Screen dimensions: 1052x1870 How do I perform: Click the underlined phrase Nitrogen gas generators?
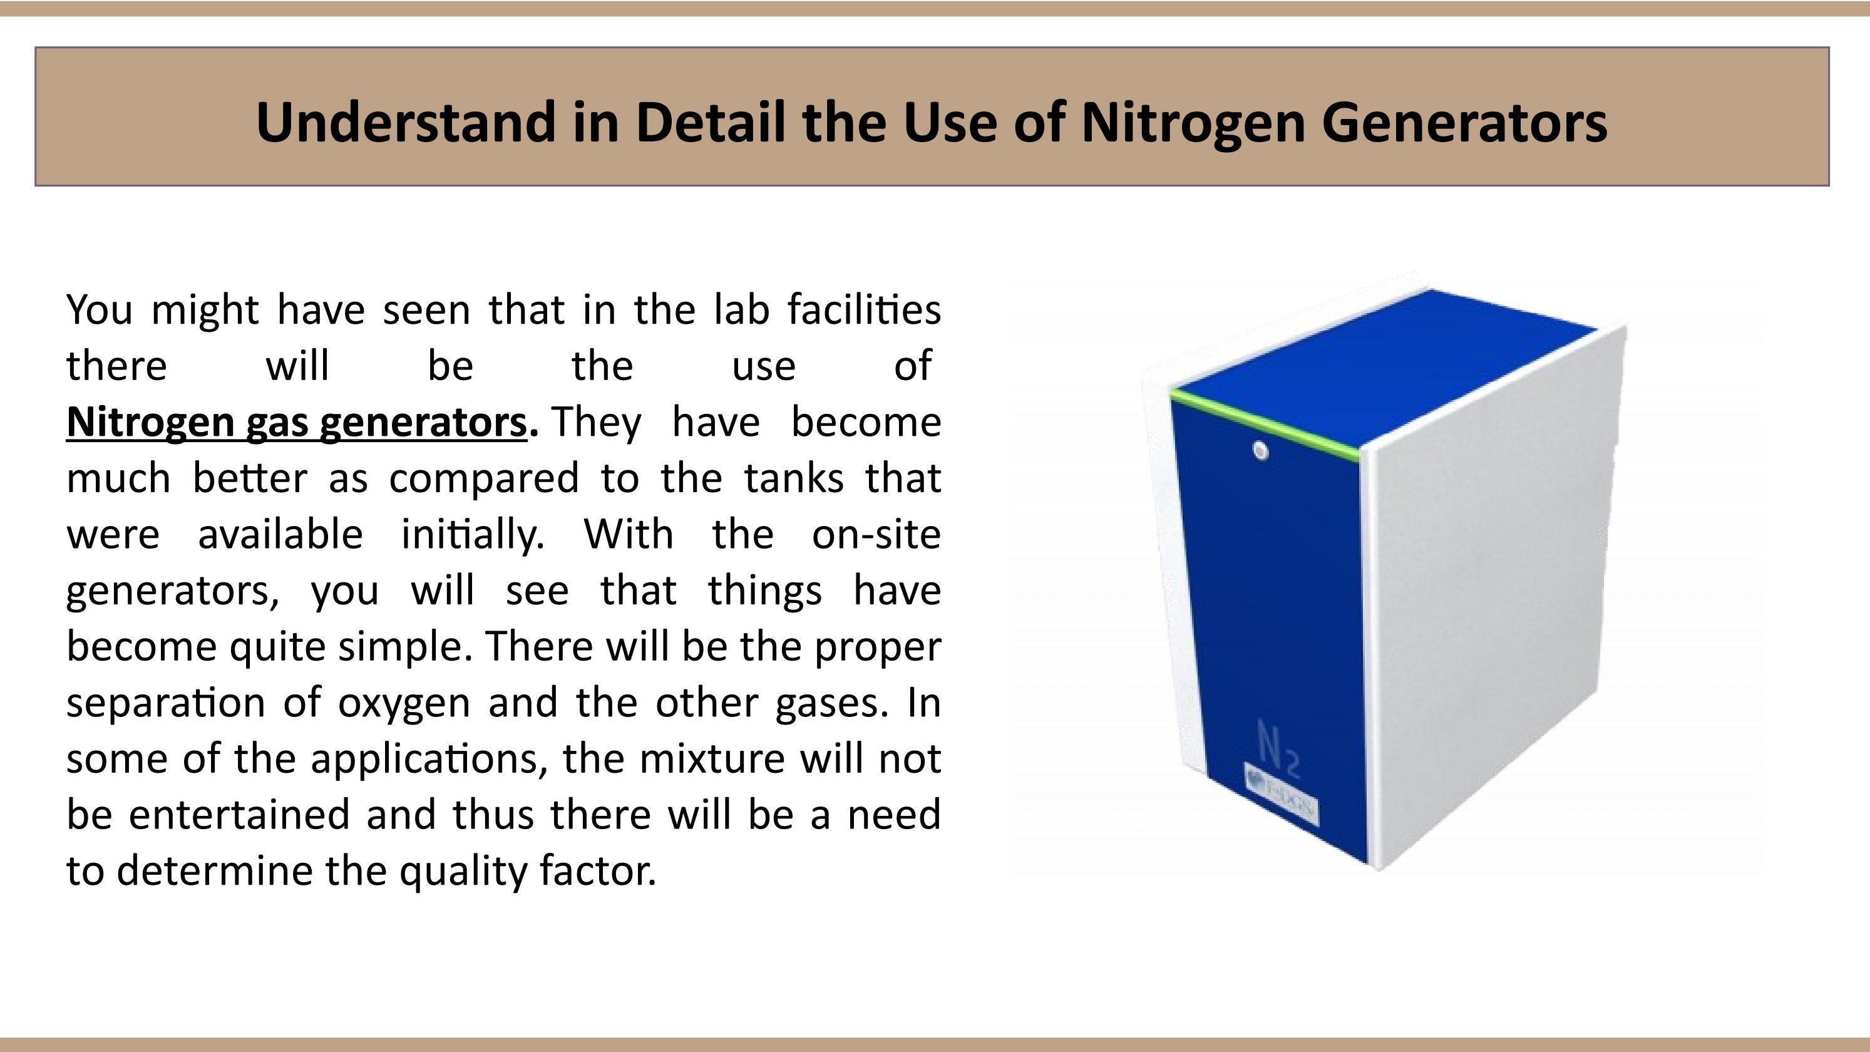296,423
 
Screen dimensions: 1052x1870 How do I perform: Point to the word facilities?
864,310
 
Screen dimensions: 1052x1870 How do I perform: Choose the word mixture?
711,760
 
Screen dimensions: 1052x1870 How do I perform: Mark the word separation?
165,703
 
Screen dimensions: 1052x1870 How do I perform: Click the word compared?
483,478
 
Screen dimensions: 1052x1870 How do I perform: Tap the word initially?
473,535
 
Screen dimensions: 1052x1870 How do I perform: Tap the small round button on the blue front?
1261,451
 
